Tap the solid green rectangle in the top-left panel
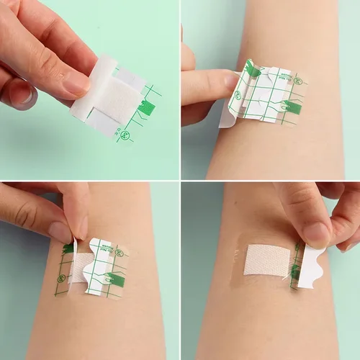tap(147, 108)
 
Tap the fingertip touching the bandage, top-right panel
tap(229, 83)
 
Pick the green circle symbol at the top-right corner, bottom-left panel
tap(119, 253)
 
